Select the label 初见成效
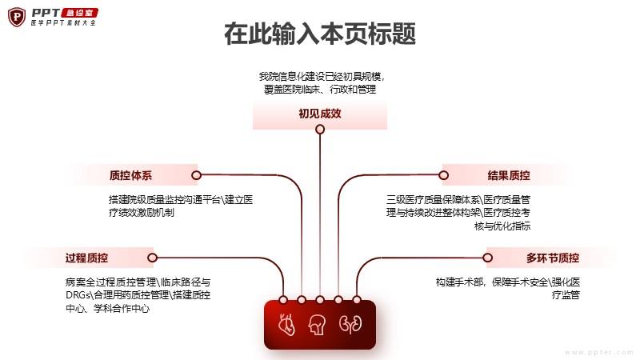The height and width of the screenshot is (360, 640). point(320,114)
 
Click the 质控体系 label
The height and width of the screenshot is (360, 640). point(130,175)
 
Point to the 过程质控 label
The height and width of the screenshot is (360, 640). point(87,258)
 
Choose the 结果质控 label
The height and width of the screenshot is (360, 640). point(509,175)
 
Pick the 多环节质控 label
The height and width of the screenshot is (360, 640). point(553,258)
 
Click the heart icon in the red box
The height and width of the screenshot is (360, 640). point(286,325)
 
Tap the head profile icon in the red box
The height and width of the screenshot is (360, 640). point(320,325)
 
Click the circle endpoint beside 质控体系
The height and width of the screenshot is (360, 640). point(196,175)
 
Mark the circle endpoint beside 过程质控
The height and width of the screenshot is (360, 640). point(152,258)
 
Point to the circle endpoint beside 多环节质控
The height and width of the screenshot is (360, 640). point(487,258)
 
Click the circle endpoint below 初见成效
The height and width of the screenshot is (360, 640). point(320,129)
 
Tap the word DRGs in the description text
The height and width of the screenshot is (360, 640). point(80,295)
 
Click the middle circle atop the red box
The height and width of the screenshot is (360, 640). point(320,300)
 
